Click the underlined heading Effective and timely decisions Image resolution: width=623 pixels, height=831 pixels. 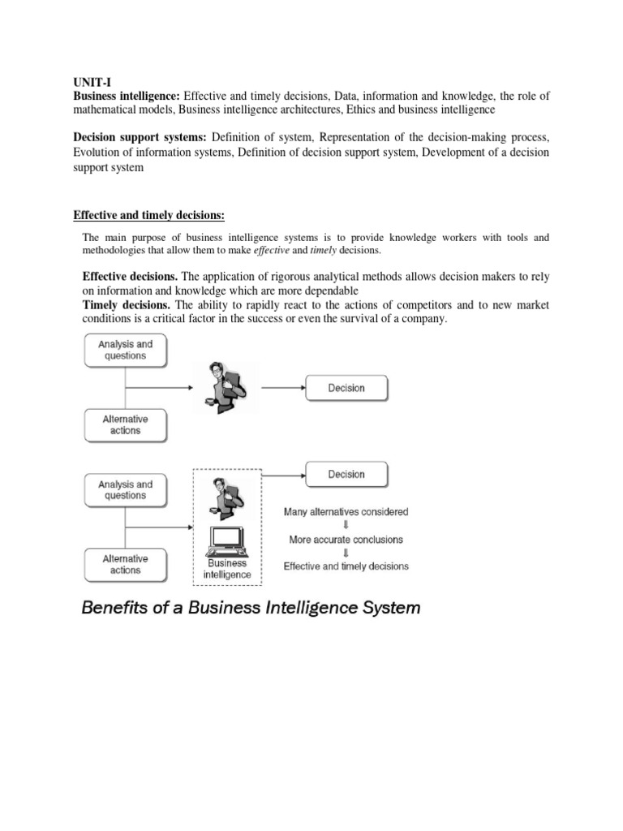(148, 215)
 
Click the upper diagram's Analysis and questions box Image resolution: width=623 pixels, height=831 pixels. (125, 350)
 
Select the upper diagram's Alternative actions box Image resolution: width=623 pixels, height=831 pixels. (125, 424)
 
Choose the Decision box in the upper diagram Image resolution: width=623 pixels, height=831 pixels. (346, 388)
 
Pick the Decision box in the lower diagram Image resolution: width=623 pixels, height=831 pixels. (346, 474)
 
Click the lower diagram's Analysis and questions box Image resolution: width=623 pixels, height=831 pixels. (125, 490)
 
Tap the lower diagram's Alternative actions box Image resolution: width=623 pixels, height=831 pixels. (125, 564)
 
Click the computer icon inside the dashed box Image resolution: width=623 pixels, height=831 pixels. (228, 540)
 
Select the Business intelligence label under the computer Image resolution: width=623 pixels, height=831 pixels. (227, 569)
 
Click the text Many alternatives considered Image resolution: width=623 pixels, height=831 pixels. (346, 512)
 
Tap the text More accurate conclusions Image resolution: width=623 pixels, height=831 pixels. (346, 539)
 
